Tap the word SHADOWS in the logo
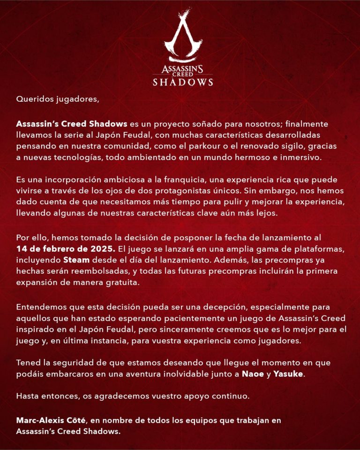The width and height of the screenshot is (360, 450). [183, 82]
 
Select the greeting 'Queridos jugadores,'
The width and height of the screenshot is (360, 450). [52, 99]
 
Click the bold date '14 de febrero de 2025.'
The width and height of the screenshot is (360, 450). [63, 247]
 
